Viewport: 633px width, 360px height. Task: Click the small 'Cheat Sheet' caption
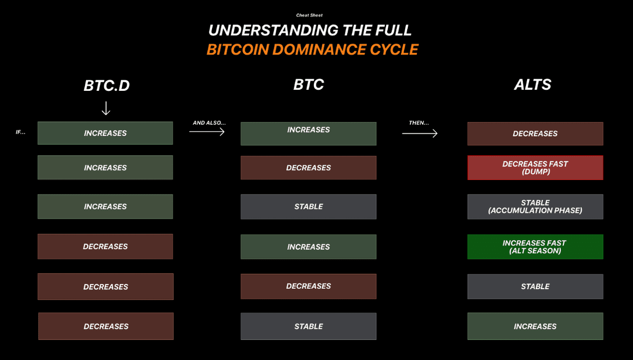(309, 15)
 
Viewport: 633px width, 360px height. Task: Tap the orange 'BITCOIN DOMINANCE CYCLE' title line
(312, 50)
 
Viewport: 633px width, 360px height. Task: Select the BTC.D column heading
(107, 86)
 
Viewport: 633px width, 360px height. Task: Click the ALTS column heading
(532, 84)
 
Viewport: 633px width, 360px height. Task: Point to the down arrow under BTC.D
(106, 108)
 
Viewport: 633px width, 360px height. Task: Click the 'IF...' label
(21, 132)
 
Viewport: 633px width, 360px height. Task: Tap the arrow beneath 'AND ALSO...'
(207, 131)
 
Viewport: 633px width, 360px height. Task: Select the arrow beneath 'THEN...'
(420, 133)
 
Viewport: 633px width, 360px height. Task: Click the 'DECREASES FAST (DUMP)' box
(535, 168)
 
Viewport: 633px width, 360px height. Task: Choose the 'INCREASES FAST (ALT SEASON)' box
(535, 247)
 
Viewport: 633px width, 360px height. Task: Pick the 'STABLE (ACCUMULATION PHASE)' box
(535, 207)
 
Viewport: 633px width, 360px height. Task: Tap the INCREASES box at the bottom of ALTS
(535, 326)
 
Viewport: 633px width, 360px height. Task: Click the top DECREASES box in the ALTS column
(535, 134)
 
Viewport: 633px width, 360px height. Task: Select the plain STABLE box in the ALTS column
(535, 287)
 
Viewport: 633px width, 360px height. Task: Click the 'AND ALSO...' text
(209, 123)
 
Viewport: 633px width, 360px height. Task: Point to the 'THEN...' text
(419, 123)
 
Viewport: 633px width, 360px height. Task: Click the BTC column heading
(309, 84)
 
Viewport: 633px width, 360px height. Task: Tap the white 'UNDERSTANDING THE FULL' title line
(310, 30)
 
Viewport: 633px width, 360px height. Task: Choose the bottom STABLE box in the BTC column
(309, 326)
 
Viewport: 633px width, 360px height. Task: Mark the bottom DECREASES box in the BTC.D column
(106, 326)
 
